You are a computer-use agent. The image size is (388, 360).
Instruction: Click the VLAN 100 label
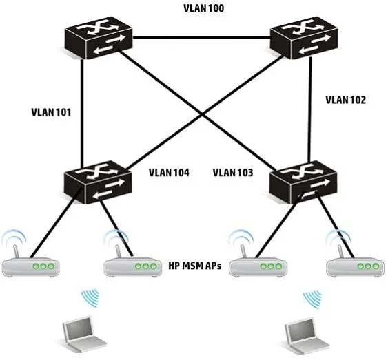(204, 8)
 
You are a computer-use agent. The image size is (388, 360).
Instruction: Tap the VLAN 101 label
(51, 112)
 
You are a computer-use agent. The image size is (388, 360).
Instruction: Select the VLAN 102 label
(345, 100)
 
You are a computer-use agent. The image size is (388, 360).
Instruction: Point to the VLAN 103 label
(233, 173)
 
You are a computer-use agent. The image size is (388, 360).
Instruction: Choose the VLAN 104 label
(169, 173)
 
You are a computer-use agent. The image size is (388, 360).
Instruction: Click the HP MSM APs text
(195, 266)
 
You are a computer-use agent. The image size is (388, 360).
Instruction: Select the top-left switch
(99, 38)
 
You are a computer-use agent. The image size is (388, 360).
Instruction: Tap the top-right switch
(304, 38)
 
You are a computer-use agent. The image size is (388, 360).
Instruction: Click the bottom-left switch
(98, 182)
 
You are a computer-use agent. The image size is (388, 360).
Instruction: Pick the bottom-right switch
(303, 182)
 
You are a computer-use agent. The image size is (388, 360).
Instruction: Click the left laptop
(81, 334)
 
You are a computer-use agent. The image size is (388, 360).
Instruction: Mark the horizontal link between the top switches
(201, 38)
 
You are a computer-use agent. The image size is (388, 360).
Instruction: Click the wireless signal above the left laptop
(90, 298)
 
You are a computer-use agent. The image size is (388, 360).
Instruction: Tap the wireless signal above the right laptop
(313, 299)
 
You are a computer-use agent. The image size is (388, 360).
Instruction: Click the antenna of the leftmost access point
(16, 251)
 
